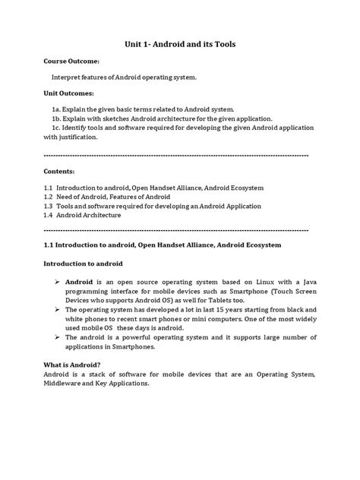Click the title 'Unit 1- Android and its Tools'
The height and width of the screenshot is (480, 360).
[180, 45]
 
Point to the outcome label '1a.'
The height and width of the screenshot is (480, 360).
[55, 109]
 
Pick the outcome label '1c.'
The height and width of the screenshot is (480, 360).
[55, 129]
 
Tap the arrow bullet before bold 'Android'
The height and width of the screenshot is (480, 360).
[57, 281]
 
